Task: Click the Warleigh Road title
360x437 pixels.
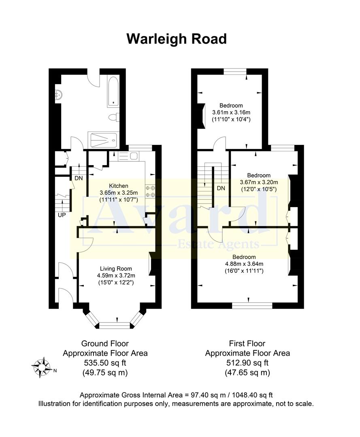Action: coord(177,39)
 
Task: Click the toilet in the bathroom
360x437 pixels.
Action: coord(113,117)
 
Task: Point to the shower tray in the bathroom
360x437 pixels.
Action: coord(103,140)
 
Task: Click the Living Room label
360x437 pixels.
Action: coord(116,268)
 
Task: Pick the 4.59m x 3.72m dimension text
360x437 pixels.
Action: coord(116,276)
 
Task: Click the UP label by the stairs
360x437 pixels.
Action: coord(62,215)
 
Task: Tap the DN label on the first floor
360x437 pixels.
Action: coord(221,188)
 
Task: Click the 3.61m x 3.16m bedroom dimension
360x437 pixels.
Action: coord(231,112)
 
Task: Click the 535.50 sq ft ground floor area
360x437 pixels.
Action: coord(105,363)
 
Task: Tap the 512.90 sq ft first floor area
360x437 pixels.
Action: coord(247,363)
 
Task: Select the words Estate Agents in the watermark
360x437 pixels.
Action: coord(218,244)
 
